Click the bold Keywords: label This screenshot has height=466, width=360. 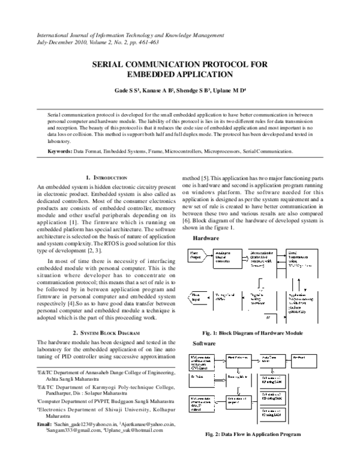(x=61, y=151)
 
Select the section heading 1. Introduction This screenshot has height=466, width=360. (x=106, y=178)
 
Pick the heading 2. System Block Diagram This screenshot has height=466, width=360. (x=106, y=332)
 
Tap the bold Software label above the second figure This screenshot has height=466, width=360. (x=204, y=343)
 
